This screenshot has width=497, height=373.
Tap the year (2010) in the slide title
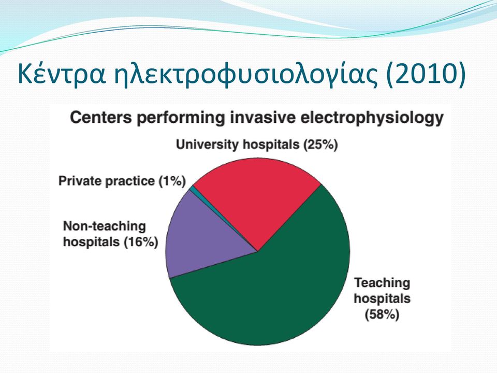pyautogui.click(x=426, y=75)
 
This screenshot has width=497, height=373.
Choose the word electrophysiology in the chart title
pyautogui.click(x=372, y=118)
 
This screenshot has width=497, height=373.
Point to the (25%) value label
pyautogui.click(x=320, y=145)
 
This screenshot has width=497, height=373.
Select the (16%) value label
pyautogui.click(x=141, y=242)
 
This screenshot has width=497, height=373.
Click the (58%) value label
pyautogui.click(x=382, y=314)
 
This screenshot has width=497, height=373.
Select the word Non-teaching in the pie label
pyautogui.click(x=104, y=226)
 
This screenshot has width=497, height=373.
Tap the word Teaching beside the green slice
pyautogui.click(x=382, y=283)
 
